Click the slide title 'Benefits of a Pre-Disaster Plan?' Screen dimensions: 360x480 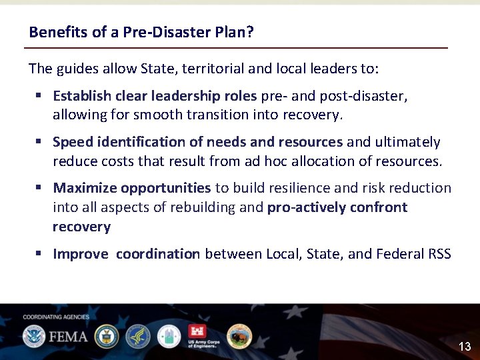click(141, 32)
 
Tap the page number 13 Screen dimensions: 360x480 click(465, 346)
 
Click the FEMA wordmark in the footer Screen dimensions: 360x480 click(67, 336)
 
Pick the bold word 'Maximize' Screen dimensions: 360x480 click(85, 188)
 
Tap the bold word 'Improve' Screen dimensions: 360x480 click(80, 253)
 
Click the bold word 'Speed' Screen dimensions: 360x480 click(73, 142)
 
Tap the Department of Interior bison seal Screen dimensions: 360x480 click(239, 336)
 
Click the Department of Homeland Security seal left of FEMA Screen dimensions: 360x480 click(33, 336)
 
